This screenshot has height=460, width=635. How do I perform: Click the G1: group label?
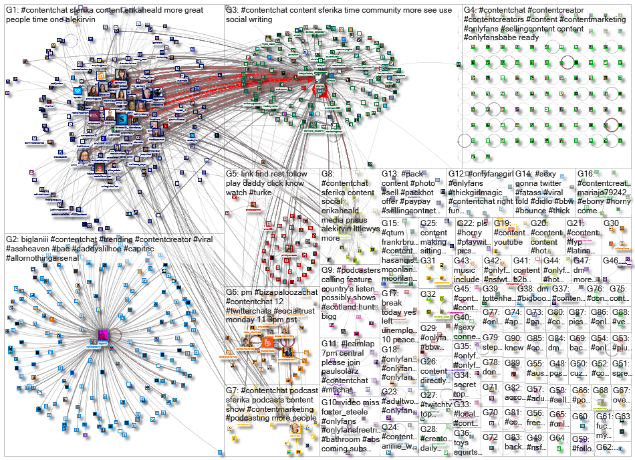click(13, 11)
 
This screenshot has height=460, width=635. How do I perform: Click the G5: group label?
click(233, 174)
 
